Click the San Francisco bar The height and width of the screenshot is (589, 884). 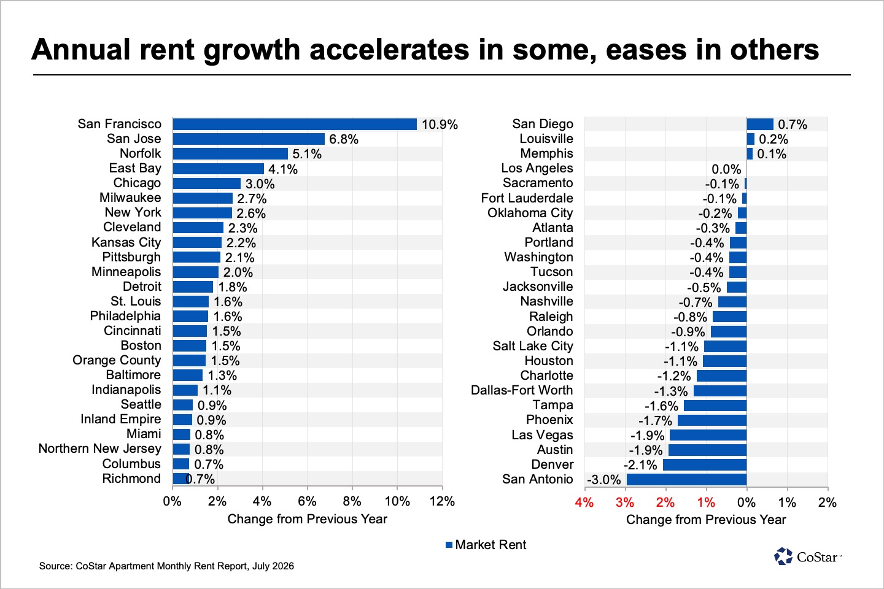295,125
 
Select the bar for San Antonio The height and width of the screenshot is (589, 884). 687,479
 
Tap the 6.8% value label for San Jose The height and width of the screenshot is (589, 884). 344,139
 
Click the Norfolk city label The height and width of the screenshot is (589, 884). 141,153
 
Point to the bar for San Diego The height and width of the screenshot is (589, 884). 760,125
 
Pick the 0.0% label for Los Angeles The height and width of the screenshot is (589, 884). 726,169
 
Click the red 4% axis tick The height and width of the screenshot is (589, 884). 584,502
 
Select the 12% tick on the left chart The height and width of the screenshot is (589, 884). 442,501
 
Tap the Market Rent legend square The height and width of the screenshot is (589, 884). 449,545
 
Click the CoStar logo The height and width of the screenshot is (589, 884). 808,556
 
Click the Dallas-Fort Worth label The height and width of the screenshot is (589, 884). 522,390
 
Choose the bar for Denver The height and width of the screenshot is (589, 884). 705,464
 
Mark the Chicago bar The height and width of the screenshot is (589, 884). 207,183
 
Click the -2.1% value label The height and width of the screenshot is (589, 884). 640,465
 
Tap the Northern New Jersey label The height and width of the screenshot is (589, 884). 100,448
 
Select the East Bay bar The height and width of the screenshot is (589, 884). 219,169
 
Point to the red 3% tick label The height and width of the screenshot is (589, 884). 625,502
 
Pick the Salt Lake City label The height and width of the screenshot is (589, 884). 533,346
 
